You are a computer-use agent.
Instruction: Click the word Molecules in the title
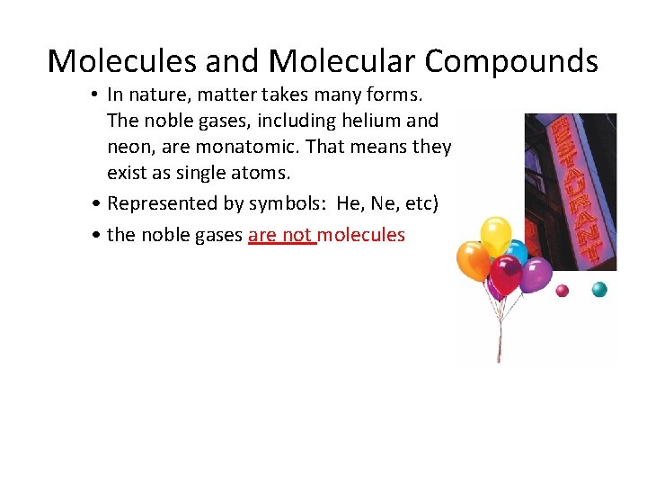coord(121,61)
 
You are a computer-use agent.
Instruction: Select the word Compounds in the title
coord(511,61)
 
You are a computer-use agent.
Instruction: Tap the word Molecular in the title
coord(341,61)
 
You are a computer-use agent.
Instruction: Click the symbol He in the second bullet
coord(350,203)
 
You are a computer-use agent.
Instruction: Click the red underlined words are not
coord(280,236)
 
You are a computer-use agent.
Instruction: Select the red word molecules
coord(361,236)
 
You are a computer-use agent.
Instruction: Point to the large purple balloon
coord(536,274)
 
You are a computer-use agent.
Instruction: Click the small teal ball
coord(599,289)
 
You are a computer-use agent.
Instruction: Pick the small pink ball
coord(563,290)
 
